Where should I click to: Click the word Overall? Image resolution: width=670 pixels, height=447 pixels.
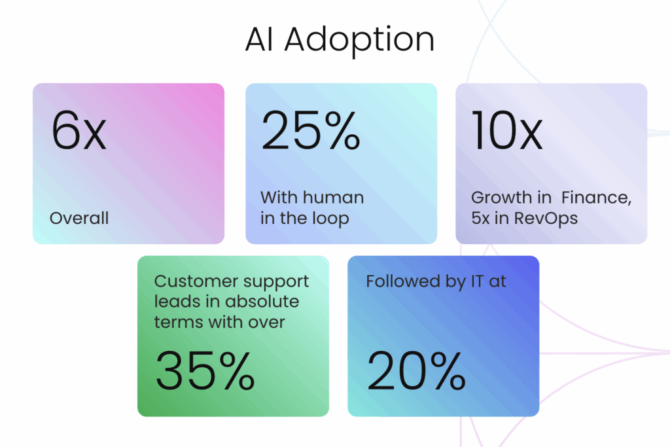point(79,218)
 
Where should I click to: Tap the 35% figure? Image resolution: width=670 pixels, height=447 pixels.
point(205,371)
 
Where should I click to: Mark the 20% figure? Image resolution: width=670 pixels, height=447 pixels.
point(416,371)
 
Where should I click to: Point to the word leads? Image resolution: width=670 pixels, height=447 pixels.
point(176,302)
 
